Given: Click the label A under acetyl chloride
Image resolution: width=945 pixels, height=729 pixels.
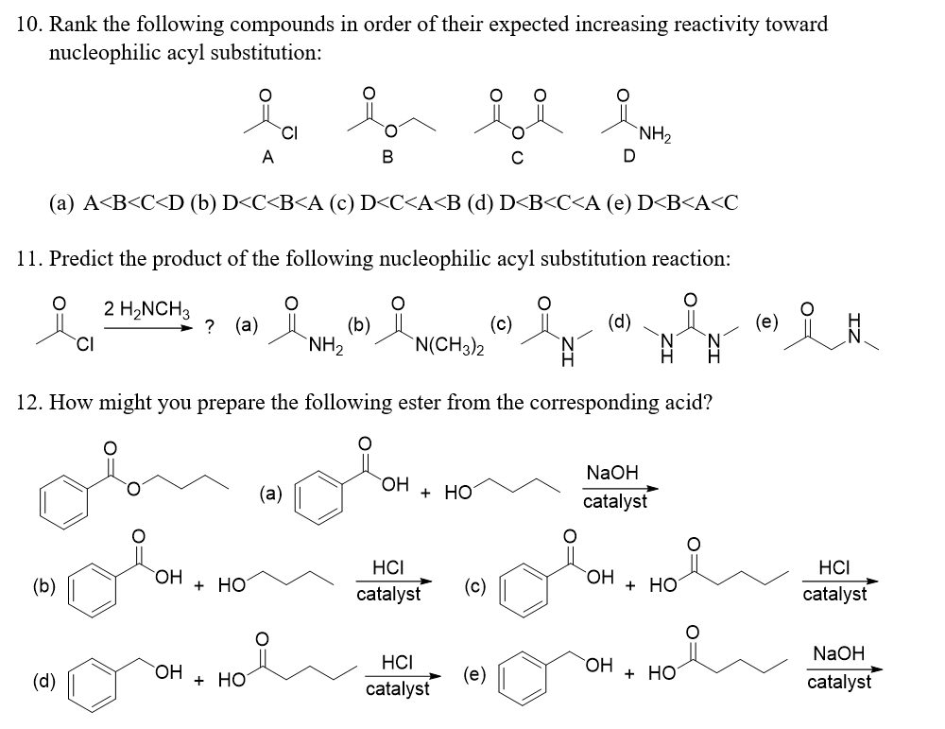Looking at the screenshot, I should [x=268, y=159].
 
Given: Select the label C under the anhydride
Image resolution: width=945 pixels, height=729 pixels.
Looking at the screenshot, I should [x=516, y=159].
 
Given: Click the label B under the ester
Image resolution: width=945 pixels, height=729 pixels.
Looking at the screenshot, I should [x=387, y=159].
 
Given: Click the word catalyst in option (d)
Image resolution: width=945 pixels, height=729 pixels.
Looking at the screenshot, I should [x=396, y=689].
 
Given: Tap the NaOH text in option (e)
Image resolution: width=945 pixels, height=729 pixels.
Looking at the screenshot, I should [x=838, y=653].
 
